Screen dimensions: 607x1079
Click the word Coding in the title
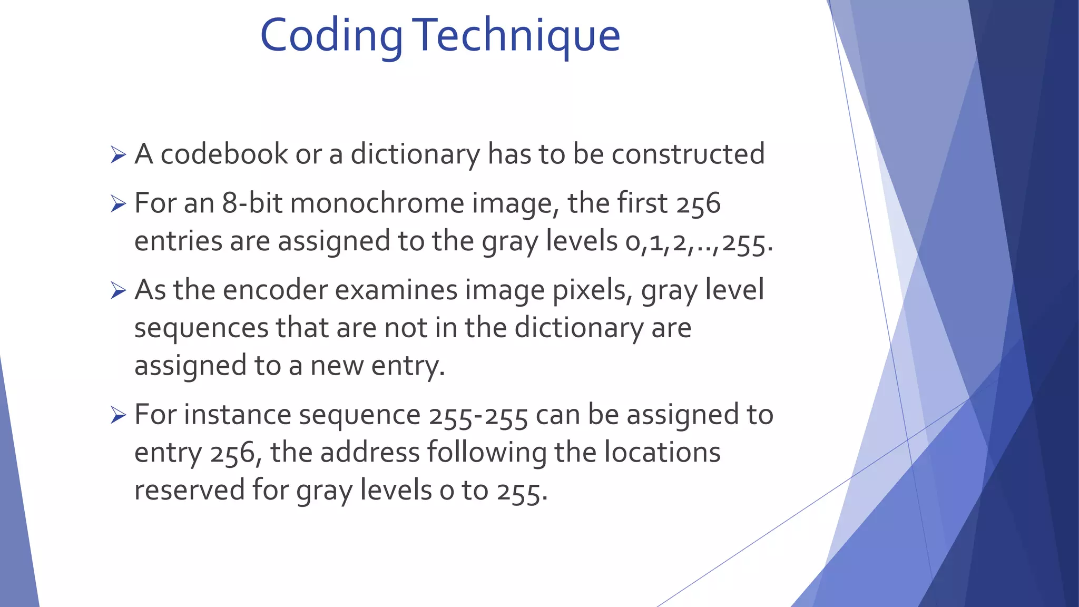click(x=331, y=36)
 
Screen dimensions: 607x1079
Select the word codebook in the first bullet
click(x=224, y=154)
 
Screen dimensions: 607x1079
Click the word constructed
click(x=688, y=154)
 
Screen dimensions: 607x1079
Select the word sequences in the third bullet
click(x=201, y=328)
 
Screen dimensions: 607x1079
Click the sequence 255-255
click(x=478, y=415)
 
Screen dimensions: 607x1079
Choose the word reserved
click(x=189, y=490)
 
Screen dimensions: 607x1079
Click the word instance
click(x=237, y=415)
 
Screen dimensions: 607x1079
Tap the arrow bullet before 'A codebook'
click(x=119, y=155)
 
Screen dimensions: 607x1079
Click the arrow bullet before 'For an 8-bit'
click(x=119, y=204)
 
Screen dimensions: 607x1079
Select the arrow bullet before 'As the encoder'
click(x=119, y=291)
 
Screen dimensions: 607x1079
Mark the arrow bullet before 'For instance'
click(x=119, y=416)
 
